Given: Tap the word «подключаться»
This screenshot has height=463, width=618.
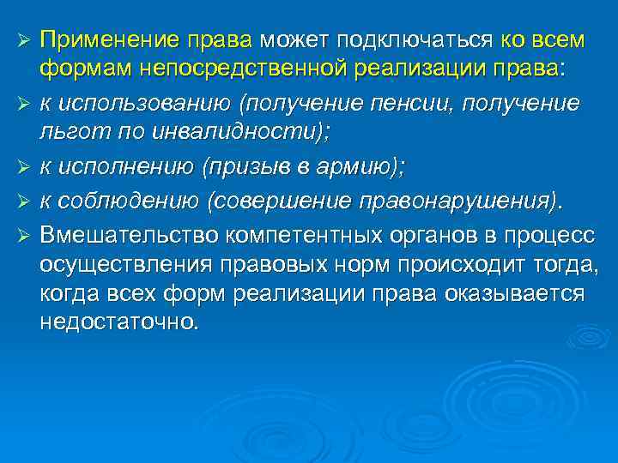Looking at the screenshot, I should tap(414, 40).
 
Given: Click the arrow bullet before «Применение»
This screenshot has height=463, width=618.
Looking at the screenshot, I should tap(24, 41).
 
